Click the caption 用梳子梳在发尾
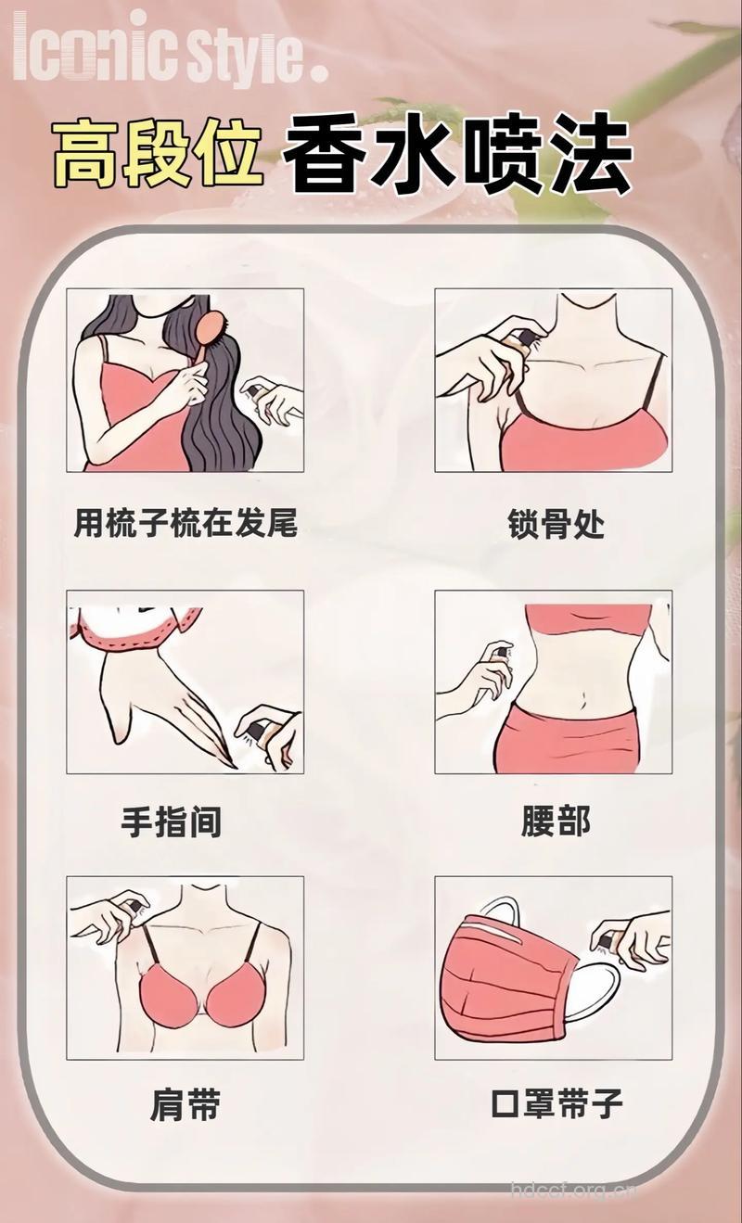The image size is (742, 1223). (x=185, y=523)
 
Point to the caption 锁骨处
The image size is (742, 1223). (x=556, y=524)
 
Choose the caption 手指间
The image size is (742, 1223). (x=173, y=822)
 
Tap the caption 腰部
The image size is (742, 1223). (x=556, y=822)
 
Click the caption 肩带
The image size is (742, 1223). (x=185, y=1104)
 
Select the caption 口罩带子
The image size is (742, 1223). (x=556, y=1104)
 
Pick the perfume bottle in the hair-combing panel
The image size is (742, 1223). (x=252, y=391)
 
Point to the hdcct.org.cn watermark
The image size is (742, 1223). (x=573, y=1188)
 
